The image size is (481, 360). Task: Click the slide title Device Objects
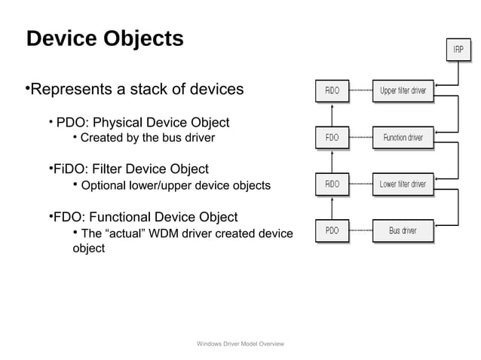pyautogui.click(x=104, y=38)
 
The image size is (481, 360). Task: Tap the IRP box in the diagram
pyautogui.click(x=458, y=50)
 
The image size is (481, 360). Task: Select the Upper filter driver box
pyautogui.click(x=403, y=91)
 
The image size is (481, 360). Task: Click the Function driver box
pyautogui.click(x=403, y=138)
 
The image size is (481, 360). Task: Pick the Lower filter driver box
pyautogui.click(x=403, y=184)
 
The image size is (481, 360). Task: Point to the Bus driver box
pyautogui.click(x=403, y=230)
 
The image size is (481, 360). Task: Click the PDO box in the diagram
pyautogui.click(x=332, y=230)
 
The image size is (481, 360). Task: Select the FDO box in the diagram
pyautogui.click(x=332, y=138)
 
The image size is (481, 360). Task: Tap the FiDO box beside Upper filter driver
pyautogui.click(x=332, y=91)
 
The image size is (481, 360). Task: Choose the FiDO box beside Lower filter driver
pyautogui.click(x=332, y=184)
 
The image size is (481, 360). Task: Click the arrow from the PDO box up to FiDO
pyautogui.click(x=332, y=207)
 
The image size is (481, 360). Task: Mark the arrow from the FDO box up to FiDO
pyautogui.click(x=332, y=114)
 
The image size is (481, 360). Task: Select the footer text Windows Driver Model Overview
pyautogui.click(x=240, y=343)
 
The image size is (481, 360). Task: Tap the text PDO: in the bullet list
pyautogui.click(x=73, y=122)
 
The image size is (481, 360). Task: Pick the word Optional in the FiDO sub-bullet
pyautogui.click(x=103, y=185)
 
